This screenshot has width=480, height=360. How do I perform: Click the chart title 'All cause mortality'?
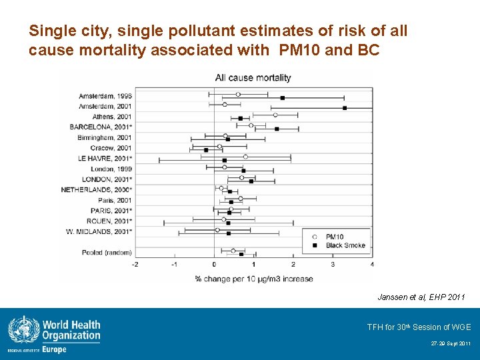pos(253,78)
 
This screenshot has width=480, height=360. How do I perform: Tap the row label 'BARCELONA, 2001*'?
pos(101,127)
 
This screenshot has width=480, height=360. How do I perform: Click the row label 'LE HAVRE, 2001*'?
pos(105,159)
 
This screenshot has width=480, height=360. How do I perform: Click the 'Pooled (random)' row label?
pos(107,253)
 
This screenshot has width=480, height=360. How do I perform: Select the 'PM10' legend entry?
pos(334,237)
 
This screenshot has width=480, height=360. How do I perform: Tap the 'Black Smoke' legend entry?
pos(345,245)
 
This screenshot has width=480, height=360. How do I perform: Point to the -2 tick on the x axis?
pos(135,265)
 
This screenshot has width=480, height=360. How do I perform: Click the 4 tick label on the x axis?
pos(373,265)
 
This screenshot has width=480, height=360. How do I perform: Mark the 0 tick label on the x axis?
pos(214,265)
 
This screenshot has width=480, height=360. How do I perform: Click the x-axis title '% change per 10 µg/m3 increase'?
pos(254,279)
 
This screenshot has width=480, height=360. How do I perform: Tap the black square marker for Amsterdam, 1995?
pos(283,98)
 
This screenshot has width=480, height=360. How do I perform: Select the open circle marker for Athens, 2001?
pos(275,115)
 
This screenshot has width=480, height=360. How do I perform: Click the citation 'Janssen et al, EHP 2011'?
pos(421,297)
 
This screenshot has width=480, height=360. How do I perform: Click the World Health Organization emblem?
pos(24,330)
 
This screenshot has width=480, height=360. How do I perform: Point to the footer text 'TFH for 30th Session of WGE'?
pos(419,327)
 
